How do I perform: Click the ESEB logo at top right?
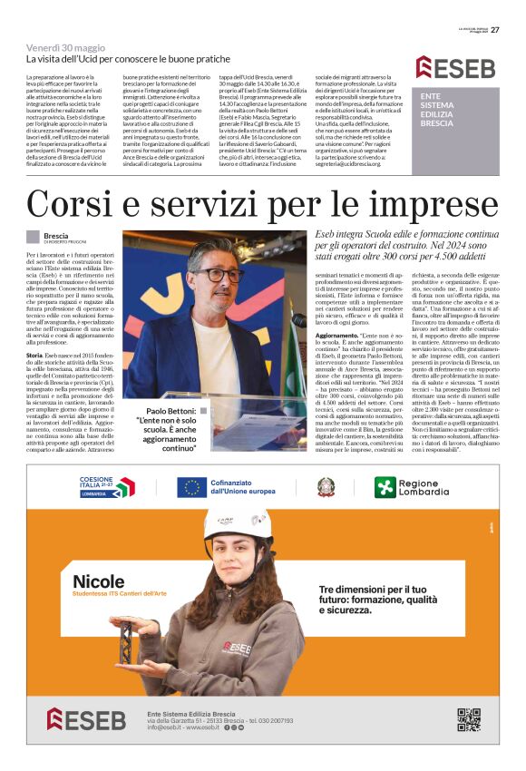(456, 67)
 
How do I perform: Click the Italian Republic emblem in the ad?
(326, 488)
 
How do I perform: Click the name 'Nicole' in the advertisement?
(99, 581)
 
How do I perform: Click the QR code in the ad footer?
(467, 718)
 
